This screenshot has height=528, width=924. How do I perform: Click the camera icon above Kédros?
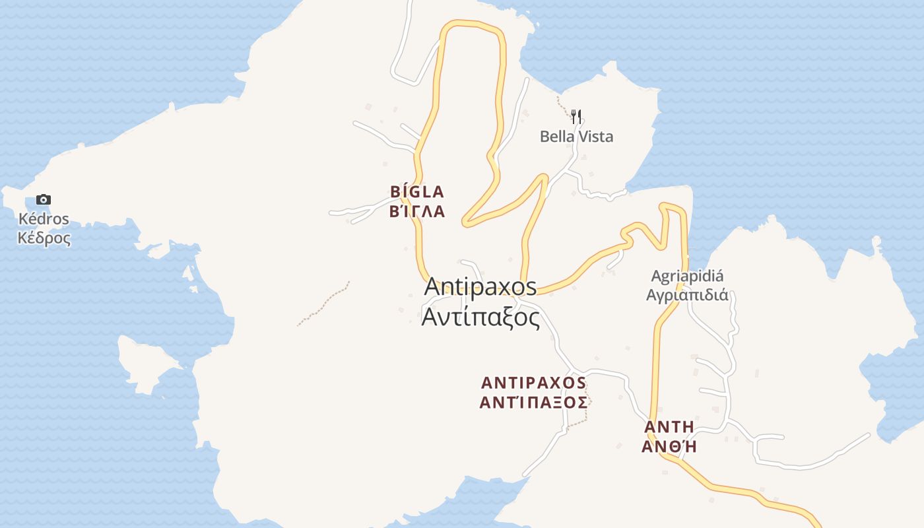(44, 199)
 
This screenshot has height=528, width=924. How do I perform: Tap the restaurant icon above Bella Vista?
(576, 117)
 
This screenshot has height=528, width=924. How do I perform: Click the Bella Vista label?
(576, 137)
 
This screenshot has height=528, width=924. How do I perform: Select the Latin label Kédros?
(44, 219)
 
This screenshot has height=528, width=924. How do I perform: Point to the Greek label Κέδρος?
(44, 238)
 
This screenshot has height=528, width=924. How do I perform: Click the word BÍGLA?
(417, 192)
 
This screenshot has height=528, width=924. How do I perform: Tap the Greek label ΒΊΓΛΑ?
(417, 212)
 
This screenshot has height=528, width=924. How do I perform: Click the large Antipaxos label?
(480, 287)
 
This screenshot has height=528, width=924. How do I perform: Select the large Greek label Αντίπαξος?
(480, 317)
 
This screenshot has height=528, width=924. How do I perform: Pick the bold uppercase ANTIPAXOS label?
(533, 383)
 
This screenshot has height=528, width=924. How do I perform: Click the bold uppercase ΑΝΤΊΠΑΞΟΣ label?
(533, 402)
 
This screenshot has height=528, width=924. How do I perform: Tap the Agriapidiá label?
(687, 276)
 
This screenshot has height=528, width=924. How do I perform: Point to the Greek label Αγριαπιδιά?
(687, 295)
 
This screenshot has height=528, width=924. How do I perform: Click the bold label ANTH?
(669, 426)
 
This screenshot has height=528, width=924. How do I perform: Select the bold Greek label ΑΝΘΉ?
(669, 446)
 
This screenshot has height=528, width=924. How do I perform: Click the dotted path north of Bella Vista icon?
(563, 104)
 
